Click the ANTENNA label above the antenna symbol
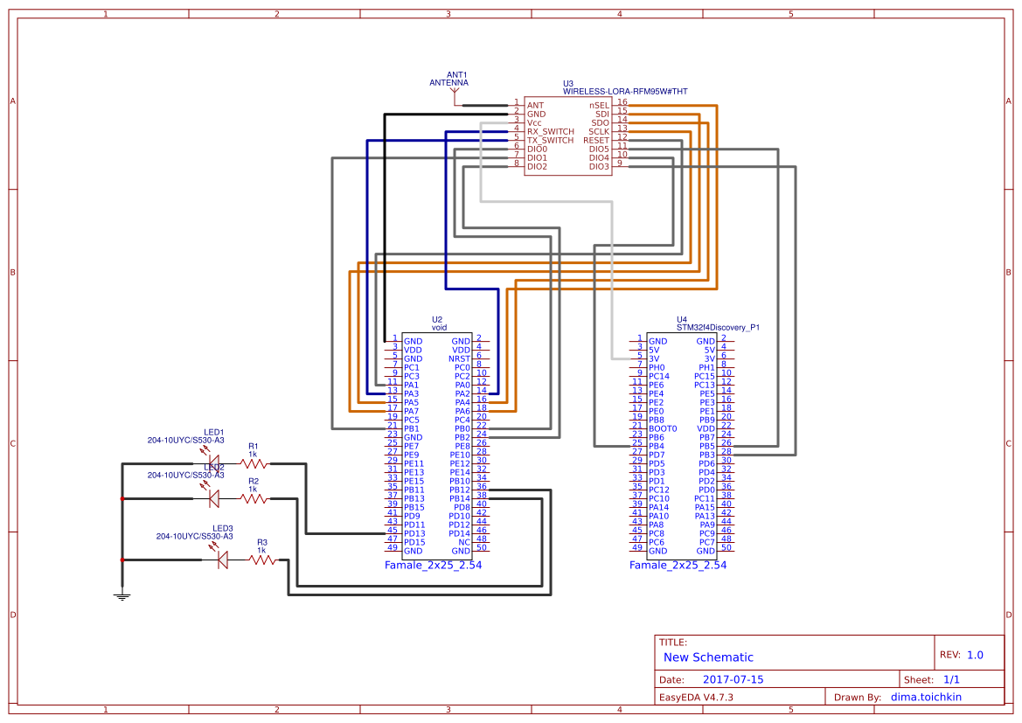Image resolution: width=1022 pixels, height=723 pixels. (x=448, y=83)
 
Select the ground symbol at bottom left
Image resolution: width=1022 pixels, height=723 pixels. (x=122, y=596)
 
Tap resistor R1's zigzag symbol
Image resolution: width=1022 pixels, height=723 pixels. (x=254, y=463)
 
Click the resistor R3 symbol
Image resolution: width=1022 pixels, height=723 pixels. (x=262, y=560)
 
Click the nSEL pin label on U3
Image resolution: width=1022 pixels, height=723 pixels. (x=599, y=105)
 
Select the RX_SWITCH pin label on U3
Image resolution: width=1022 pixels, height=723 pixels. (x=551, y=131)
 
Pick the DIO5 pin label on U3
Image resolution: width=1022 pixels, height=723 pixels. (x=599, y=149)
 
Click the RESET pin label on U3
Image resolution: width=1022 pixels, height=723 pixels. (x=596, y=140)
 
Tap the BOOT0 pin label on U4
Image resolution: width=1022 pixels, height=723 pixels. (x=663, y=428)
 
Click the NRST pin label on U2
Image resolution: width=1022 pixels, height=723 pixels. (x=460, y=358)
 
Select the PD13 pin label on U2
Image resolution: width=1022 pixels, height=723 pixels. (x=414, y=533)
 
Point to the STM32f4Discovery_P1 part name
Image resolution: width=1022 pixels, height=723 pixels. (x=718, y=328)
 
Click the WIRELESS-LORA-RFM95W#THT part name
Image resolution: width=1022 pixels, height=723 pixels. (x=625, y=91)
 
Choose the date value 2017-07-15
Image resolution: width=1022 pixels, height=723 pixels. (x=733, y=679)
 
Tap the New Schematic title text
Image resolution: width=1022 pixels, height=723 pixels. (x=708, y=657)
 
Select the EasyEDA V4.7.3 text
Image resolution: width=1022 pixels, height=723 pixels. (x=696, y=697)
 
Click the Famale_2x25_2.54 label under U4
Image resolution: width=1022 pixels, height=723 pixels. (x=678, y=566)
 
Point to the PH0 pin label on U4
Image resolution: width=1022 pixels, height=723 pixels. (x=657, y=367)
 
